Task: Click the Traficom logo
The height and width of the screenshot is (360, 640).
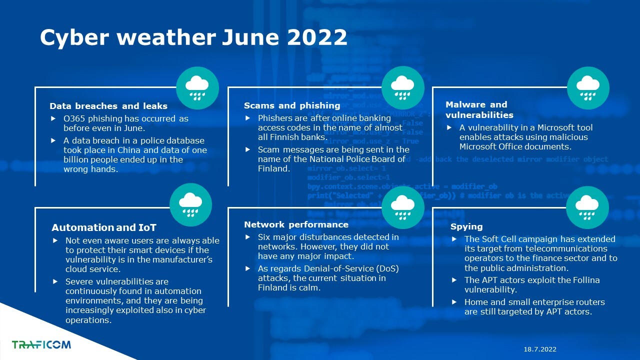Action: pyautogui.click(x=41, y=344)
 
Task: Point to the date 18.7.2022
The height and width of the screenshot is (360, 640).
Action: pyautogui.click(x=540, y=349)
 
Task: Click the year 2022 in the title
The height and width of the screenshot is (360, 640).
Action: pyautogui.click(x=317, y=37)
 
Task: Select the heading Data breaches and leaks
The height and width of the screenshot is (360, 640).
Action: pyautogui.click(x=108, y=106)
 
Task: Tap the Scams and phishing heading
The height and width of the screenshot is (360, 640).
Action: pyautogui.click(x=292, y=105)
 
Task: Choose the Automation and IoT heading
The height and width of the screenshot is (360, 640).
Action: pyautogui.click(x=104, y=227)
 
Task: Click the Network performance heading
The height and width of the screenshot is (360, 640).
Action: pyautogui.click(x=296, y=224)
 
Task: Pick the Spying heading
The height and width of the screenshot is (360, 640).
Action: pyautogui.click(x=466, y=227)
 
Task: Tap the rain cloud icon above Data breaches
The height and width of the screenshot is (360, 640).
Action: pyautogui.click(x=197, y=88)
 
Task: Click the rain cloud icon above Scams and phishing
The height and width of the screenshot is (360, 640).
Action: pyautogui.click(x=403, y=87)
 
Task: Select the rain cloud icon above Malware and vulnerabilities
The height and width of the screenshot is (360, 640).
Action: pyautogui.click(x=588, y=87)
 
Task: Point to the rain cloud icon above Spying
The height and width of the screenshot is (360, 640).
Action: pyautogui.click(x=587, y=207)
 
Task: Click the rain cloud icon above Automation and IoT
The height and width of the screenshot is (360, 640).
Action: pyautogui.click(x=190, y=205)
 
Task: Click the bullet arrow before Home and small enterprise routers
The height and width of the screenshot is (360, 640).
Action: pyautogui.click(x=454, y=302)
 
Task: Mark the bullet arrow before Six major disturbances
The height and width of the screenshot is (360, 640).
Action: pyautogui.click(x=247, y=237)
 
